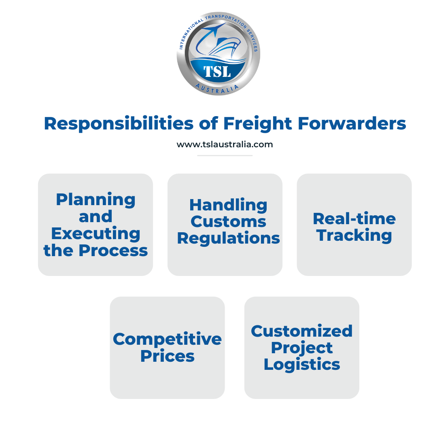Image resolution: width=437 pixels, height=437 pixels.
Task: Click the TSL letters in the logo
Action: tap(217, 72)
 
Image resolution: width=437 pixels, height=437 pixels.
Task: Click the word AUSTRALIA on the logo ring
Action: tap(217, 88)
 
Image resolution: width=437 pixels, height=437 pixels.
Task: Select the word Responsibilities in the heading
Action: tap(119, 123)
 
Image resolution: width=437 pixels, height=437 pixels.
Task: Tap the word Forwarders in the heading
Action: tap(352, 123)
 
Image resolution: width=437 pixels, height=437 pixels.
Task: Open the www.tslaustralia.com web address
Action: tap(225, 144)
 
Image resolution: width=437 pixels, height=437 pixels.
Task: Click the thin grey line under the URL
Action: tap(225, 155)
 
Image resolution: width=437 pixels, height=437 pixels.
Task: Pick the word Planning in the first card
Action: tap(95, 200)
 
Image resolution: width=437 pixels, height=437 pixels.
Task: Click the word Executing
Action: tap(95, 234)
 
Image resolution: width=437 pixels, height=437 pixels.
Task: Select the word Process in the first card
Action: tap(113, 250)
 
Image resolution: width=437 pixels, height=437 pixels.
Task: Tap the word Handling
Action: tap(228, 206)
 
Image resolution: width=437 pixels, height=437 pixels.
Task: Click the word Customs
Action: tap(228, 222)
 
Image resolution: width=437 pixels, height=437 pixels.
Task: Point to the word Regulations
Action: tap(228, 239)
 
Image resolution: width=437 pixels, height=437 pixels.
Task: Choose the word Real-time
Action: tap(354, 218)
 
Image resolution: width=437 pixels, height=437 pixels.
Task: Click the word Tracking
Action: tap(354, 235)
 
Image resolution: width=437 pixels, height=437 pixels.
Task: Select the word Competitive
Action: tap(167, 339)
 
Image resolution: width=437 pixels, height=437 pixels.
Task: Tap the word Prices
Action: tap(167, 356)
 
